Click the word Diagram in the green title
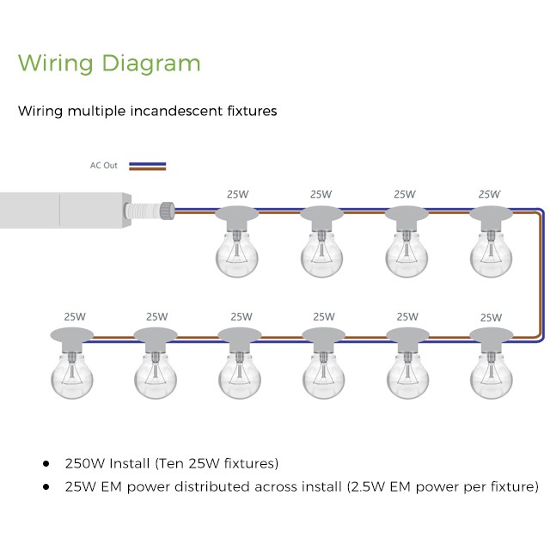[151, 64]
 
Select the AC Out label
[104, 165]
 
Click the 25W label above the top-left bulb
[237, 194]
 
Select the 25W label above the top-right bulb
[489, 194]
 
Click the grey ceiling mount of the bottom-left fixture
[72, 333]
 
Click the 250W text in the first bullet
[83, 463]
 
